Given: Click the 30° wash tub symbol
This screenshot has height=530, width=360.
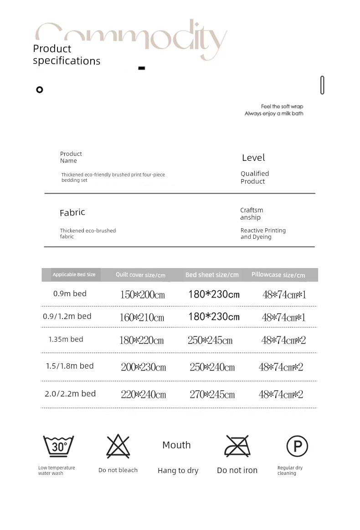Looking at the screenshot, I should (x=58, y=446).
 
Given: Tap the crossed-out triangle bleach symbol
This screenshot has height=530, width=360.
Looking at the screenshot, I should (x=118, y=446).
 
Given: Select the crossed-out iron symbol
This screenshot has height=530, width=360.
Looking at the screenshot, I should (x=237, y=446).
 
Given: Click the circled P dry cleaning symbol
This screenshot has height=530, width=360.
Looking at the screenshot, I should (x=297, y=446).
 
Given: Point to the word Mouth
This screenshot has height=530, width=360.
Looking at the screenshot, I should (x=176, y=445).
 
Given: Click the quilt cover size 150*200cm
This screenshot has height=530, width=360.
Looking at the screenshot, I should (x=142, y=294).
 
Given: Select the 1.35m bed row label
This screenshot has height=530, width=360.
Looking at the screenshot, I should (x=66, y=339).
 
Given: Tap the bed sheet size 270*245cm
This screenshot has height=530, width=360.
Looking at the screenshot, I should (x=212, y=394).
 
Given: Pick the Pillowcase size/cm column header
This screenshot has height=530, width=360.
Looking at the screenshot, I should (x=278, y=275).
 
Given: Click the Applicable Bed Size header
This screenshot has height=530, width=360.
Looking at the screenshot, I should (x=74, y=274).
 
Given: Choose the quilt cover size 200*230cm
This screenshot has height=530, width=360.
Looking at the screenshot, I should (x=143, y=367).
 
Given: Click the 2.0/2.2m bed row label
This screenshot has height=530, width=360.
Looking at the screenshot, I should (x=70, y=394).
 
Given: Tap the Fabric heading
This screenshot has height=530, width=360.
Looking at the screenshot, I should (x=72, y=212).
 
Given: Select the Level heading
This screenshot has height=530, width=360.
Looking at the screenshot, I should (x=253, y=158).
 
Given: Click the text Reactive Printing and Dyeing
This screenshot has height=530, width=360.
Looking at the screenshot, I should (x=263, y=234).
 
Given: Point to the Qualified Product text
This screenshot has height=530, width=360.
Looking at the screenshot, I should (x=255, y=177).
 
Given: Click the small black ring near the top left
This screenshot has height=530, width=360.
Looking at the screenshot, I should (x=40, y=90).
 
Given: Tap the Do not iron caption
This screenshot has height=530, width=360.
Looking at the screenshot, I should (x=237, y=470).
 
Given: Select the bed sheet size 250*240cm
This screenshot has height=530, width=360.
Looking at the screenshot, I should (x=212, y=367).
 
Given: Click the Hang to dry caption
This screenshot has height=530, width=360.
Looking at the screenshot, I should (x=178, y=471).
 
